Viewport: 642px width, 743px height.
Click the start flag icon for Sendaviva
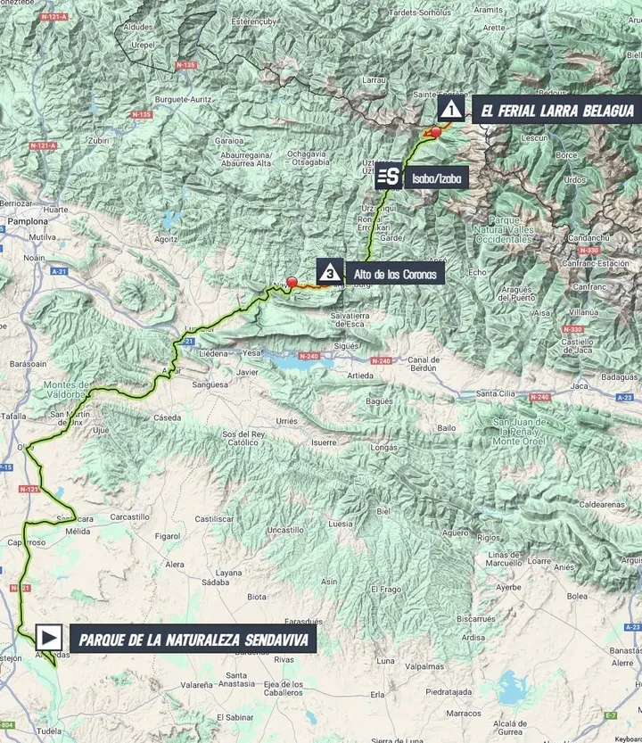pyautogui.click(x=50, y=638)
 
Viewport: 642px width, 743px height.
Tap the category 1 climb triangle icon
pyautogui.click(x=452, y=111)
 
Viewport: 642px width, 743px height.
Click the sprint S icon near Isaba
pyautogui.click(x=388, y=177)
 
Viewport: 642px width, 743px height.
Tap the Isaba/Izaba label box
pyautogui.click(x=436, y=178)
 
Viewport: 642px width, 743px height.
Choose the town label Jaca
pyautogui.click(x=580, y=386)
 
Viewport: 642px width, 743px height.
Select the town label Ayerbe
pyautogui.click(x=508, y=588)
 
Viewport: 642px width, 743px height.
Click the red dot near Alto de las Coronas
pyautogui.click(x=292, y=282)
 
